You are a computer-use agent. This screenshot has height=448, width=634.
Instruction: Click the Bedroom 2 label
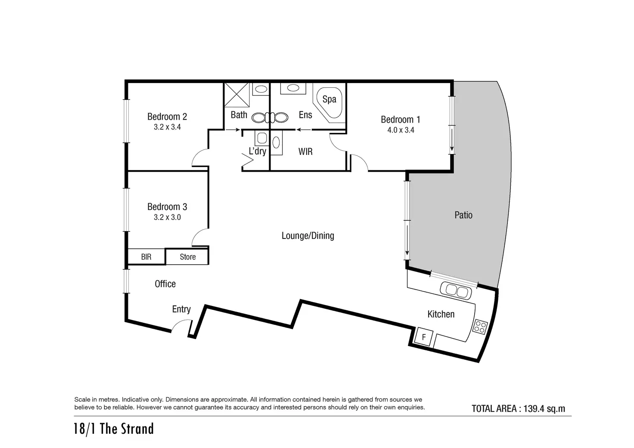click(167, 117)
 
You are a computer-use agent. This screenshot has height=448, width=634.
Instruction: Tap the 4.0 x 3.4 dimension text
click(401, 130)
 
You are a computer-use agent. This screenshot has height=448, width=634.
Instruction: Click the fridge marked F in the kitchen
click(424, 337)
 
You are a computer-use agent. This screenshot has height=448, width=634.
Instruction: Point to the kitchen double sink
click(456, 291)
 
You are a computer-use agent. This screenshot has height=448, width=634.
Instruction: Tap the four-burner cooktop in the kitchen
click(480, 327)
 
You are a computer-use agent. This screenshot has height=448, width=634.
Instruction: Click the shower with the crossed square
click(236, 95)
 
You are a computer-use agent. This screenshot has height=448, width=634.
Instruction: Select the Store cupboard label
click(188, 257)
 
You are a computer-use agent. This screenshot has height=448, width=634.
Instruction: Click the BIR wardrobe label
click(146, 257)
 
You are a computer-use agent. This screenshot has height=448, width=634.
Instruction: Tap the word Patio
click(463, 215)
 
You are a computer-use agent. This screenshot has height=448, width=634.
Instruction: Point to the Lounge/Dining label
click(308, 235)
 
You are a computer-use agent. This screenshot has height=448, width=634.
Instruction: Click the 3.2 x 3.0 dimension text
click(167, 217)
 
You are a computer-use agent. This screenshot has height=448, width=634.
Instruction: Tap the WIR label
click(305, 151)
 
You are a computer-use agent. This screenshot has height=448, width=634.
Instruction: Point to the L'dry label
click(257, 151)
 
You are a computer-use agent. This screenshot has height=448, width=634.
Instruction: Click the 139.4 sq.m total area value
click(544, 409)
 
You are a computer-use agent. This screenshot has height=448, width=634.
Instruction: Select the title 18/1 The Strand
click(114, 429)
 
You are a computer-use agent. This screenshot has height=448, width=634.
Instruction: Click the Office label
click(165, 284)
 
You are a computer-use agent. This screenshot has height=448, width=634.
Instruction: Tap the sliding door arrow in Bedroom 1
click(452, 140)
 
